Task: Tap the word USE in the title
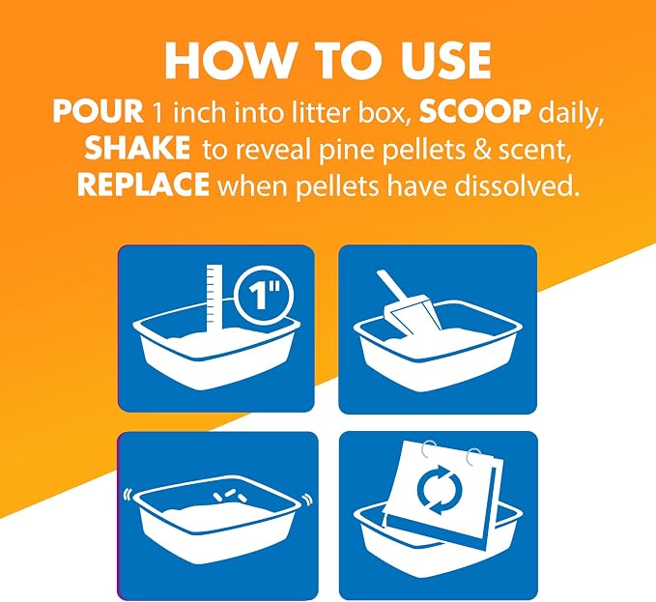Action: [x=445, y=61]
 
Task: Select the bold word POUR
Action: [x=98, y=112]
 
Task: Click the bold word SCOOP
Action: [x=475, y=112]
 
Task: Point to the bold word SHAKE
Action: [x=137, y=148]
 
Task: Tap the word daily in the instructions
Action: [x=571, y=114]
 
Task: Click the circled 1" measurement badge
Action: [x=264, y=296]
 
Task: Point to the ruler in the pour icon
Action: [x=214, y=298]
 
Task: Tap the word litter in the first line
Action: [x=325, y=112]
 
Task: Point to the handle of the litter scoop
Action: [x=392, y=287]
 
